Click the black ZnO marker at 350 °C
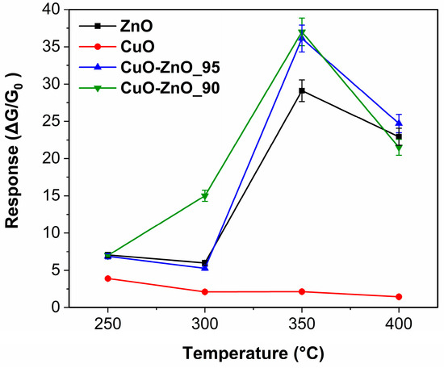click(302, 90)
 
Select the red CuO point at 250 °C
click(107, 278)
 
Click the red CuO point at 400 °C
click(399, 297)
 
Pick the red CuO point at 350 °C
click(302, 291)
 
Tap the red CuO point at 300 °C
click(205, 291)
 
